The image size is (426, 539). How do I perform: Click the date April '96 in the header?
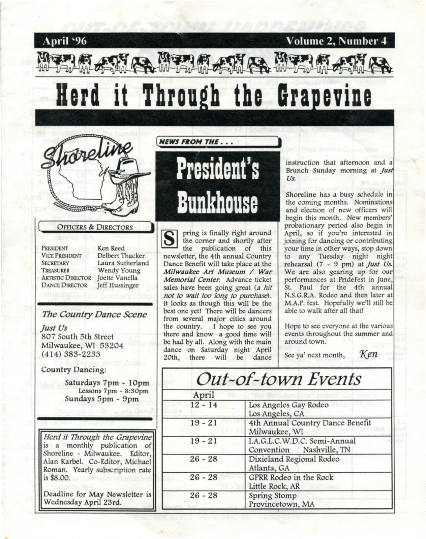[65, 41]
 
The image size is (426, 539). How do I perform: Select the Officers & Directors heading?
[95, 227]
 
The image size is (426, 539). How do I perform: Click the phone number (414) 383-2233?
[71, 354]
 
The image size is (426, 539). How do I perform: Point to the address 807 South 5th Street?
[77, 337]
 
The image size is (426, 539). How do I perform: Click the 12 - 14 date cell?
[204, 404]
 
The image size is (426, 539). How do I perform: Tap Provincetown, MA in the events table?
[281, 504]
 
